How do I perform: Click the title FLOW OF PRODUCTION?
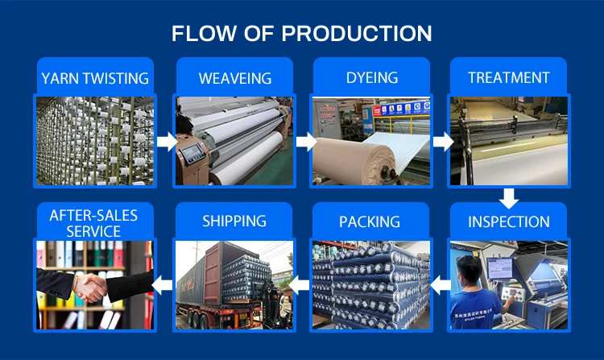(302, 33)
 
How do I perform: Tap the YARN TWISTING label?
(95, 78)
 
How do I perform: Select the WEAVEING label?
(235, 78)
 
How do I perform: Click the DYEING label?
(372, 78)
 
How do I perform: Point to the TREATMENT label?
(508, 78)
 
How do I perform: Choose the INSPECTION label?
(508, 221)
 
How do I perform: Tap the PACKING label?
(370, 221)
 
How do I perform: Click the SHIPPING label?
(234, 221)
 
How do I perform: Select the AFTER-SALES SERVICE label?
(93, 223)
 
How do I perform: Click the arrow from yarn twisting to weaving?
(167, 141)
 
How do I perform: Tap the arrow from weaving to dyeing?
(306, 141)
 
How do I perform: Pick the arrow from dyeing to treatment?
(444, 141)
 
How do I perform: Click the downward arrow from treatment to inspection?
(509, 198)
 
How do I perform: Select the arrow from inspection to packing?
(441, 285)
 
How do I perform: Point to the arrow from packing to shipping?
(299, 285)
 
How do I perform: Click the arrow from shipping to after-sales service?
(162, 285)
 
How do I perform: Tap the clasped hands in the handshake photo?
(90, 288)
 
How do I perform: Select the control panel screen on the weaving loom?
(192, 153)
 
